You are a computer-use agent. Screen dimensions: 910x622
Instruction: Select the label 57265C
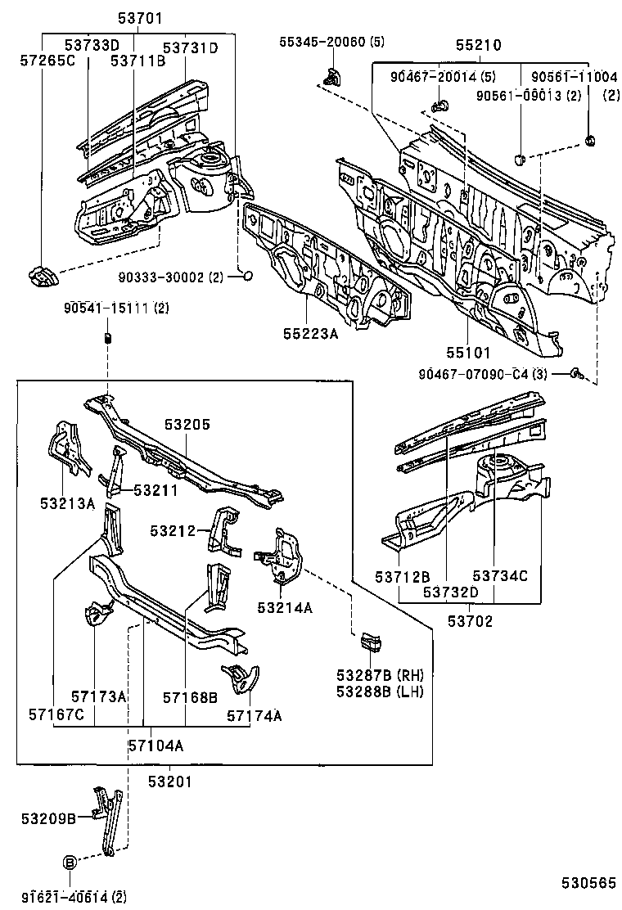tap(46, 60)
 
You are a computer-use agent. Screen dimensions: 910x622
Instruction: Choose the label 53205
tap(187, 425)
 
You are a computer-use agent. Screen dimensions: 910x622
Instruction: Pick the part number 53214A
tap(284, 607)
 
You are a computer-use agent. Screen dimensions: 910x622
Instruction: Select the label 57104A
tap(155, 745)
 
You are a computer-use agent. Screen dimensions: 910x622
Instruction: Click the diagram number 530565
tap(588, 882)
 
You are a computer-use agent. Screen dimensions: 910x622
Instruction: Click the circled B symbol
tap(70, 862)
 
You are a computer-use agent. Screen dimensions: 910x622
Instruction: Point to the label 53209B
tap(49, 818)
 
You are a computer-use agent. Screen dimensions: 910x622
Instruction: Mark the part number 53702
tap(470, 621)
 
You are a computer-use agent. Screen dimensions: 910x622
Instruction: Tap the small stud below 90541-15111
tap(107, 339)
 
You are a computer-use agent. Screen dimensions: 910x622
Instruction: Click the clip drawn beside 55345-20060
tap(332, 79)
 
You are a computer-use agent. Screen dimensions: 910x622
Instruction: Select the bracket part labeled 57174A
tap(241, 678)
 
